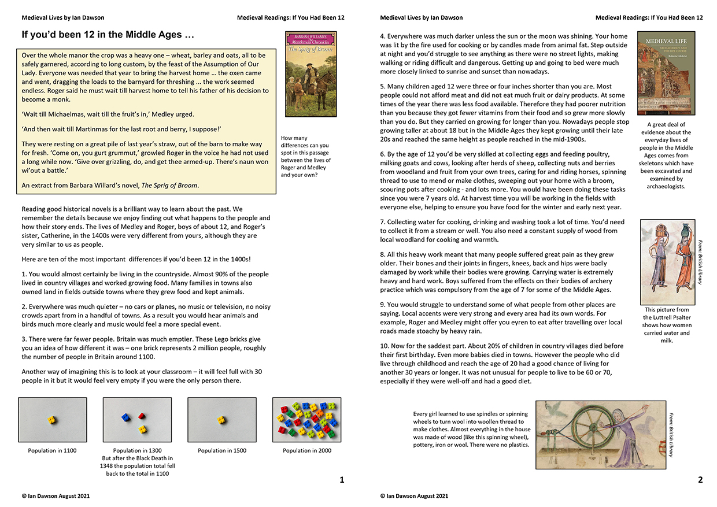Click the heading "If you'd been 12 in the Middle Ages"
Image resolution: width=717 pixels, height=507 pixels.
108,35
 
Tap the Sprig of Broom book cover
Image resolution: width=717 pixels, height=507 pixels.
311,74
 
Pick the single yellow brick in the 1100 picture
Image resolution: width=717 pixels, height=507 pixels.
52,420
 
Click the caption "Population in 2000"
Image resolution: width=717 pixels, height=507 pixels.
307,450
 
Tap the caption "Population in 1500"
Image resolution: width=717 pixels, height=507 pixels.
222,450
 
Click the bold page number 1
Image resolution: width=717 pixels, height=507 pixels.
341,479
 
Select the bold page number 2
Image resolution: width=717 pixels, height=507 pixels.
700,479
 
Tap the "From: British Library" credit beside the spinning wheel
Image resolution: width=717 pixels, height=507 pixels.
671,434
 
